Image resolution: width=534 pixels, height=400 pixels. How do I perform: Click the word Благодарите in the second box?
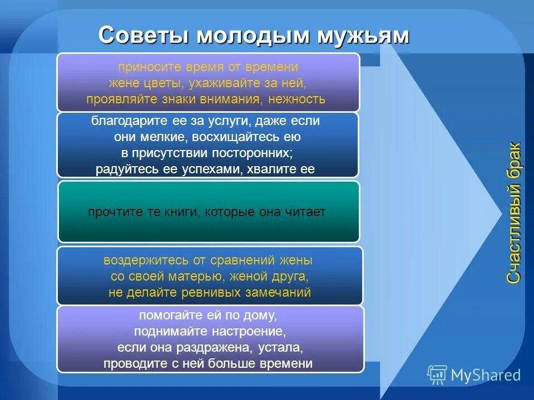pyautogui.click(x=125, y=121)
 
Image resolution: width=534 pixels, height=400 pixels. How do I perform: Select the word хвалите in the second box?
pyautogui.click(x=271, y=169)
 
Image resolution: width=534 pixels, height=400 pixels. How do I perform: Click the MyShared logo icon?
pyautogui.click(x=437, y=375)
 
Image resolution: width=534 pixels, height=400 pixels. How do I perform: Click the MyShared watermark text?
pyautogui.click(x=486, y=376)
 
